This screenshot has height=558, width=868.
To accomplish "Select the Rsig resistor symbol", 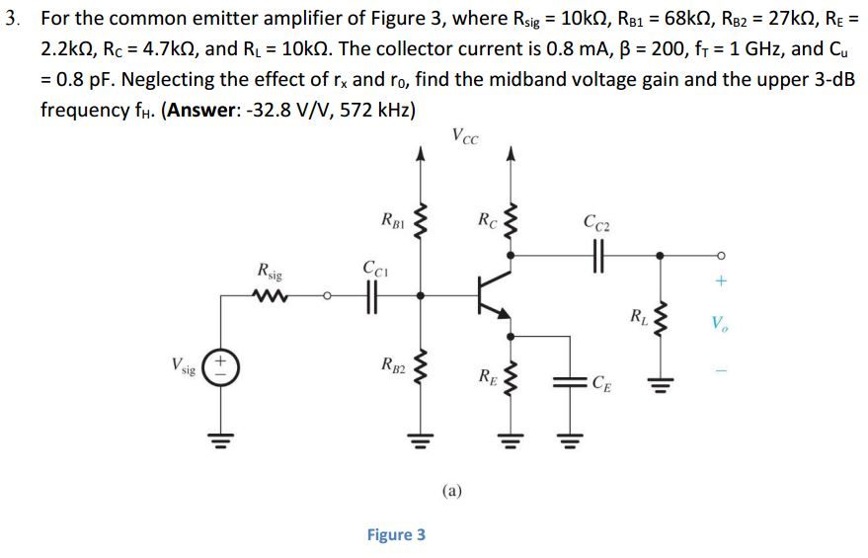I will tap(269, 293).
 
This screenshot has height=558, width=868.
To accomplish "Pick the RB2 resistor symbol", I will tap(420, 366).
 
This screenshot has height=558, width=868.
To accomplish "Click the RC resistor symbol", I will tap(511, 221).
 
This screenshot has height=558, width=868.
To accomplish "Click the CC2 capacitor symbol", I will tap(597, 254).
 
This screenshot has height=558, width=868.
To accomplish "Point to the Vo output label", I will tap(720, 323).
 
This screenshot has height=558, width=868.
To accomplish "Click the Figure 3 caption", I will tap(396, 534).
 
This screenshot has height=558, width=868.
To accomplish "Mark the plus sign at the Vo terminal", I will tap(720, 281).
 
